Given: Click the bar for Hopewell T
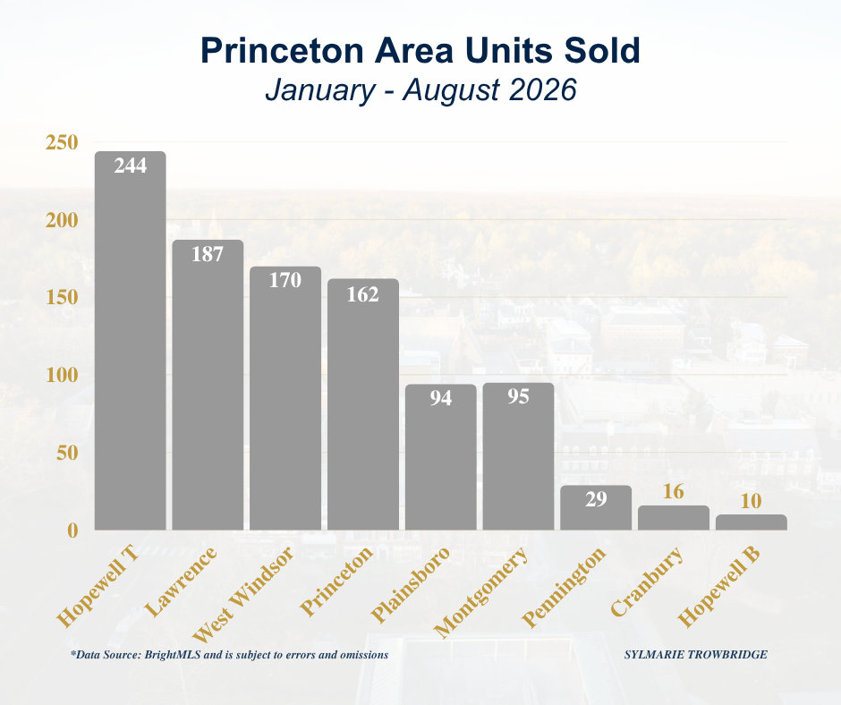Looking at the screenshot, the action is click(x=131, y=341).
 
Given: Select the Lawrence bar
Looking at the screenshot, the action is click(x=208, y=385).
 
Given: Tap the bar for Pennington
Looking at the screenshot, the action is click(x=596, y=507).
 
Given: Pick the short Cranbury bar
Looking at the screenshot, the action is click(x=674, y=518).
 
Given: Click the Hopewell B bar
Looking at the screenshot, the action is click(x=752, y=522).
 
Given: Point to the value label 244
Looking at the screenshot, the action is click(x=131, y=166).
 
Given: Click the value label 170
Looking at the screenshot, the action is click(x=285, y=280).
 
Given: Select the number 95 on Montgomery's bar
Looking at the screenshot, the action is click(x=518, y=396).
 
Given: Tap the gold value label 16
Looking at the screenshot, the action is click(x=673, y=491).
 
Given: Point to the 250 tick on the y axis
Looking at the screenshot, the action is click(x=62, y=143).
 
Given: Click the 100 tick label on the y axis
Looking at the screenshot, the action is click(x=62, y=375).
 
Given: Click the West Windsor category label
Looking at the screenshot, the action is click(x=243, y=594).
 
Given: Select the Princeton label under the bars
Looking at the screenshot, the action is click(x=336, y=582).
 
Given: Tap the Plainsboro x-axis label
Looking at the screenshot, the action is click(x=411, y=585).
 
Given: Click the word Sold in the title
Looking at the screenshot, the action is click(x=602, y=50).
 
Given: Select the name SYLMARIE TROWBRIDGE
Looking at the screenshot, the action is click(x=696, y=655).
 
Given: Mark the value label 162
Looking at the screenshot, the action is click(x=362, y=294).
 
